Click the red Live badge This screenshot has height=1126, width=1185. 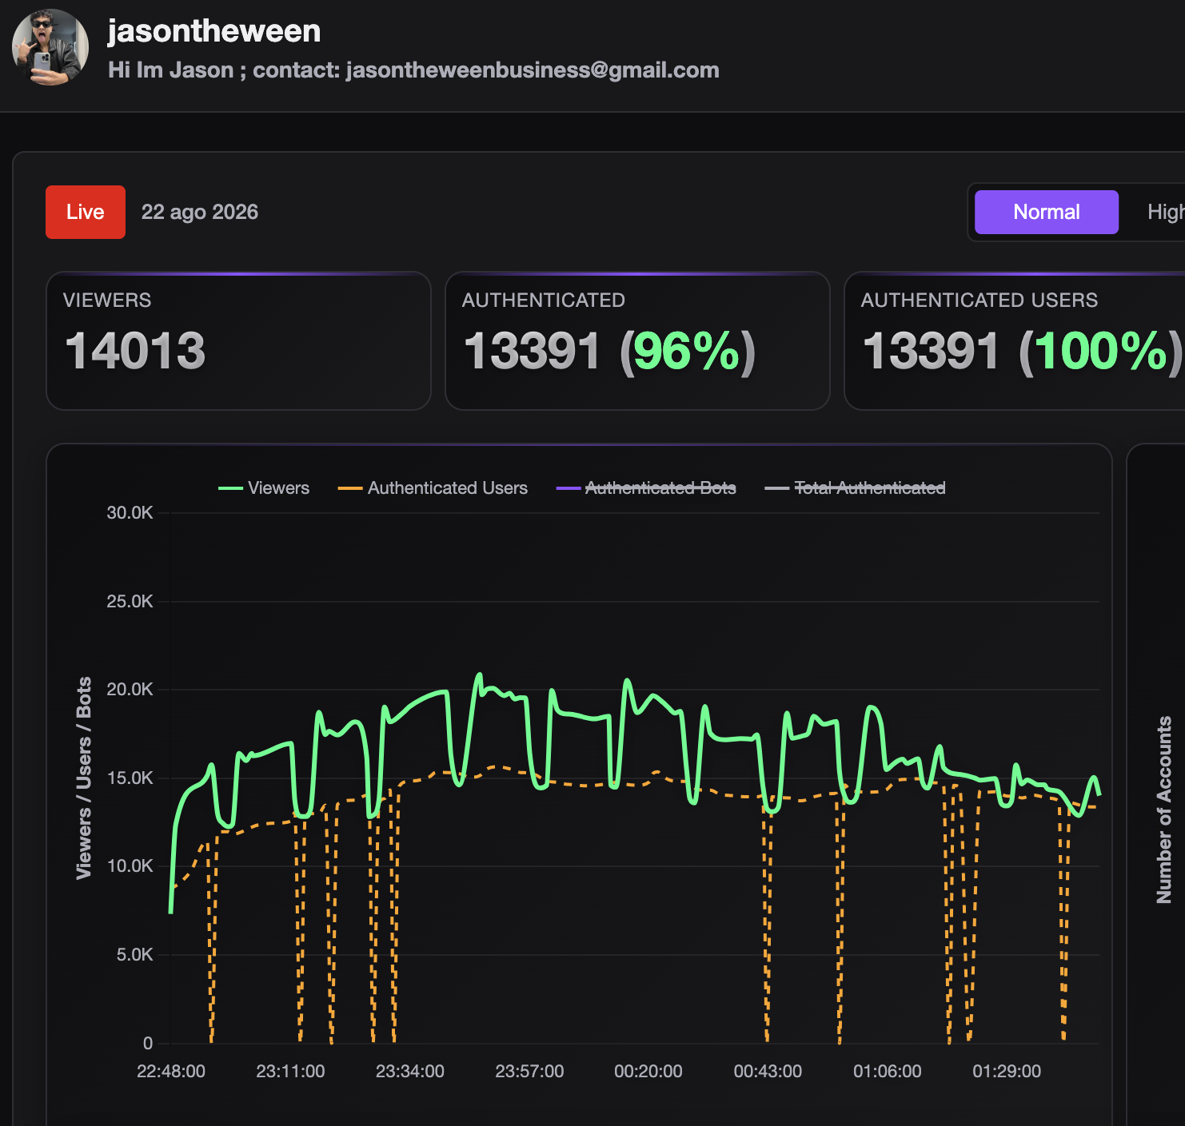click(x=86, y=212)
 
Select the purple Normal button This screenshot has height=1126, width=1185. click(x=1047, y=212)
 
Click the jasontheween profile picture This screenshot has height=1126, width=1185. click(x=50, y=47)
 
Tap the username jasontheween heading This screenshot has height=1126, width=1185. click(x=214, y=30)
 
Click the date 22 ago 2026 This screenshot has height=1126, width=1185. click(x=200, y=212)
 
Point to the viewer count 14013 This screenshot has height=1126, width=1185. click(x=135, y=351)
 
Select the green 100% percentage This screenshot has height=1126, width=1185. click(x=1100, y=351)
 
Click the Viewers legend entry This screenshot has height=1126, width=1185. click(x=264, y=488)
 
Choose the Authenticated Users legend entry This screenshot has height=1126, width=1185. click(x=433, y=488)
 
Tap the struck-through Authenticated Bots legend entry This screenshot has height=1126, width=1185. click(x=646, y=488)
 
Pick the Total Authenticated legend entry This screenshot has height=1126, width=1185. click(x=856, y=488)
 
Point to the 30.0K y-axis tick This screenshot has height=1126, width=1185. click(x=130, y=513)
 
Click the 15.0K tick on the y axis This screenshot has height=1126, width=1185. click(x=130, y=778)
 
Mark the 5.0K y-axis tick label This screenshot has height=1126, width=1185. click(x=134, y=954)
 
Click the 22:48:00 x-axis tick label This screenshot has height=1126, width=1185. click(x=171, y=1071)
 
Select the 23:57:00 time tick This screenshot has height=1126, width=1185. click(x=529, y=1071)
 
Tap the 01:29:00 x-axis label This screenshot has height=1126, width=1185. click(x=1007, y=1071)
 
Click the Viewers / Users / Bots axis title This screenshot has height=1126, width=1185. click(x=84, y=778)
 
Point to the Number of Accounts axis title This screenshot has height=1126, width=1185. click(x=1164, y=810)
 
